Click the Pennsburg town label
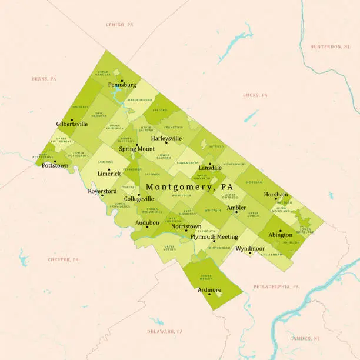pyautogui.click(x=122, y=85)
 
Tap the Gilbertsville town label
pyautogui.click(x=72, y=124)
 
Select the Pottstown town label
pyautogui.click(x=55, y=166)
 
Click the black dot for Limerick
pyautogui.click(x=109, y=169)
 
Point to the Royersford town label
pyautogui.click(x=101, y=191)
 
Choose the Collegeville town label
pyautogui.click(x=138, y=199)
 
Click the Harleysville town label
pyautogui.click(x=166, y=138)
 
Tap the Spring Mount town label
pyautogui.click(x=136, y=149)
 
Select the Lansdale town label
pyautogui.click(x=210, y=168)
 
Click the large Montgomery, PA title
pyautogui.click(x=185, y=186)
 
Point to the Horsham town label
pyautogui.click(x=276, y=194)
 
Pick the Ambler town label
pyautogui.click(x=236, y=208)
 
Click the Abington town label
pyautogui.click(x=280, y=235)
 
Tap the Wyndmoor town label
pyautogui.click(x=249, y=249)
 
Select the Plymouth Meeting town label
pyautogui.click(x=214, y=236)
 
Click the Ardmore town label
pyautogui.click(x=209, y=289)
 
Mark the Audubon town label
pyautogui.click(x=147, y=222)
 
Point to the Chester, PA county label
pyautogui.click(x=63, y=259)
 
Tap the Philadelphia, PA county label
pyautogui.click(x=276, y=286)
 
